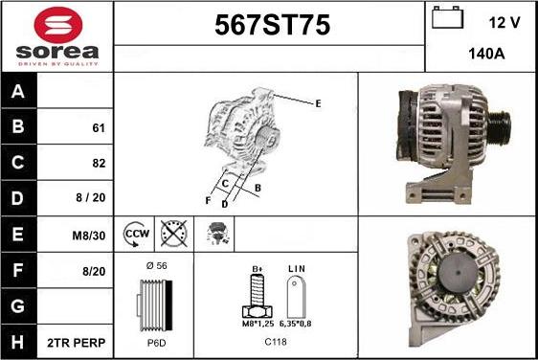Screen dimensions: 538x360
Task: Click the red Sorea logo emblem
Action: coord(58,25)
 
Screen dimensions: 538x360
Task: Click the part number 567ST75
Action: coord(273,25)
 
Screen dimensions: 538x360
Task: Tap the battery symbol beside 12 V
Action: coord(447,17)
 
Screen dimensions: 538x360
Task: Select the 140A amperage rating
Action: coord(486,54)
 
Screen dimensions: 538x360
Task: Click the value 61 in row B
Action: coord(99,128)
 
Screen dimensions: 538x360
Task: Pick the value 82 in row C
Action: coord(99,163)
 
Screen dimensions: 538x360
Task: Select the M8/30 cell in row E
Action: coord(88,236)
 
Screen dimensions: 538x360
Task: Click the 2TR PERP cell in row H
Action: coord(76,343)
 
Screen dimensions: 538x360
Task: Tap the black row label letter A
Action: coord(18,91)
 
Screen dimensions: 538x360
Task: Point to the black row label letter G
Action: coord(18,306)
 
